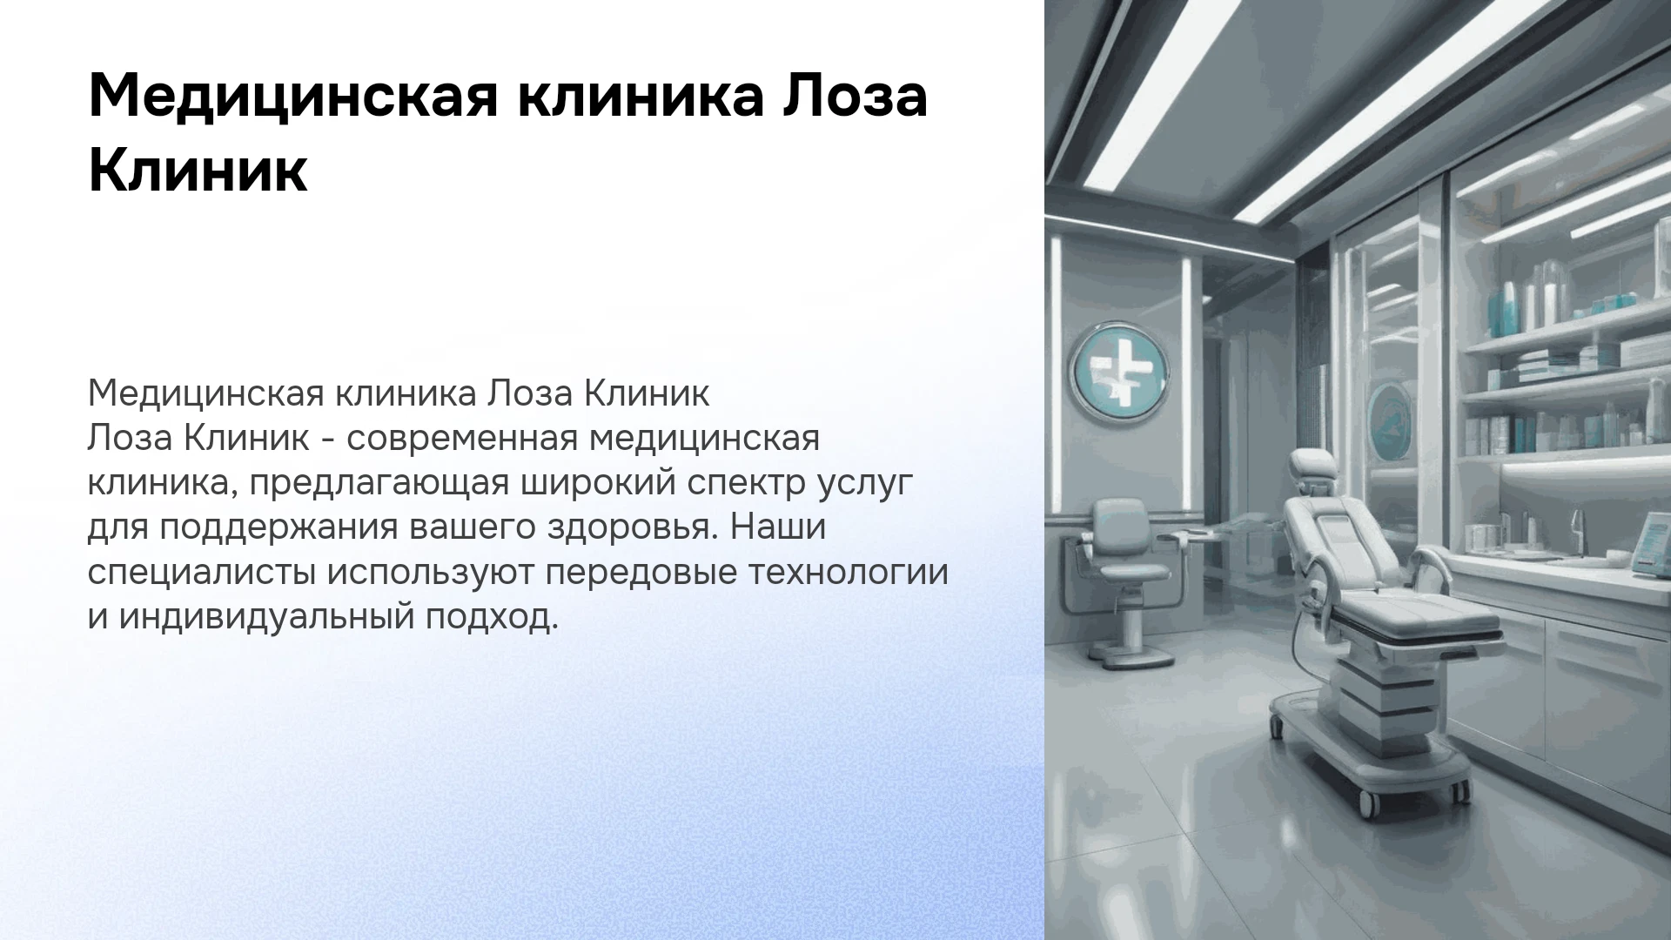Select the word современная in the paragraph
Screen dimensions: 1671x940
click(x=462, y=439)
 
